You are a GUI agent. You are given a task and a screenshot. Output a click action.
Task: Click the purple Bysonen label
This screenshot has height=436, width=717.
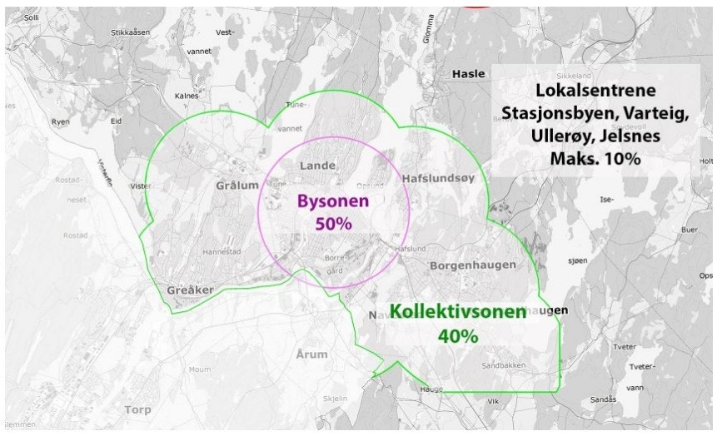point(333,201)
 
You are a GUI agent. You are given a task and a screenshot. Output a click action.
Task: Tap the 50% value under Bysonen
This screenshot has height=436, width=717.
point(333,223)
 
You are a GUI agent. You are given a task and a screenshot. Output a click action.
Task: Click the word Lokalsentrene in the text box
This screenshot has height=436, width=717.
point(594,91)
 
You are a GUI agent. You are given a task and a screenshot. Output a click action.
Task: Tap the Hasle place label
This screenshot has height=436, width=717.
point(468,73)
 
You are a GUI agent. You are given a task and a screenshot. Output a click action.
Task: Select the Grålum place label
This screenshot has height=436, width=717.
point(237,185)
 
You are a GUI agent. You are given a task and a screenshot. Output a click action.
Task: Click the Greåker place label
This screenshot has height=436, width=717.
point(190,290)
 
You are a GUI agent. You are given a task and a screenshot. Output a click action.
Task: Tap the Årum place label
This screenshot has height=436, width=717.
point(311,354)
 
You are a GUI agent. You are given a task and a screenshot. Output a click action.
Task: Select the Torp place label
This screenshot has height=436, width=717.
point(137,409)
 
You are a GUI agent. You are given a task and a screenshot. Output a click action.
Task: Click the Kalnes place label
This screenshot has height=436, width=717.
point(186,96)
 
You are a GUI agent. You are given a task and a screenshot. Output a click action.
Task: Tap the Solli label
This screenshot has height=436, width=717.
point(32,17)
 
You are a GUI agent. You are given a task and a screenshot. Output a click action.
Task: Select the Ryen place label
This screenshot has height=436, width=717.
point(61,121)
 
